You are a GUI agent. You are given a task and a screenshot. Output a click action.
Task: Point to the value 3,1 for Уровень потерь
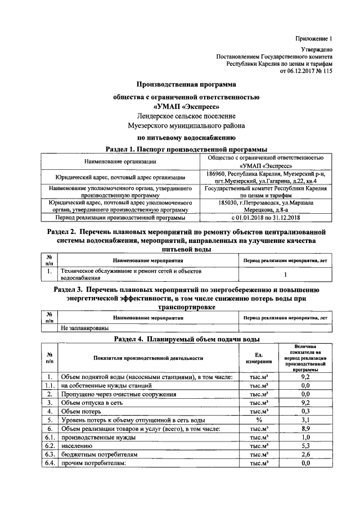tap(305, 420)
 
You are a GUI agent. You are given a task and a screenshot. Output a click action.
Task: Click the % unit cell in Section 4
tap(259, 420)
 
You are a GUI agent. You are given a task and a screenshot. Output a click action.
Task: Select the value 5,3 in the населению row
tap(305, 445)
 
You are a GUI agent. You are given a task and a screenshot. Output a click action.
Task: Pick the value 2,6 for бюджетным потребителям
tap(305, 454)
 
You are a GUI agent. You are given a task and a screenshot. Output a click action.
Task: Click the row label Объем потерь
tap(83, 411)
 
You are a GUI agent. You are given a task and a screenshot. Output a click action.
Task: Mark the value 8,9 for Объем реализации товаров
tap(305, 429)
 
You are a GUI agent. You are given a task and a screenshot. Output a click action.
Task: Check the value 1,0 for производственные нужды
tap(305, 437)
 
